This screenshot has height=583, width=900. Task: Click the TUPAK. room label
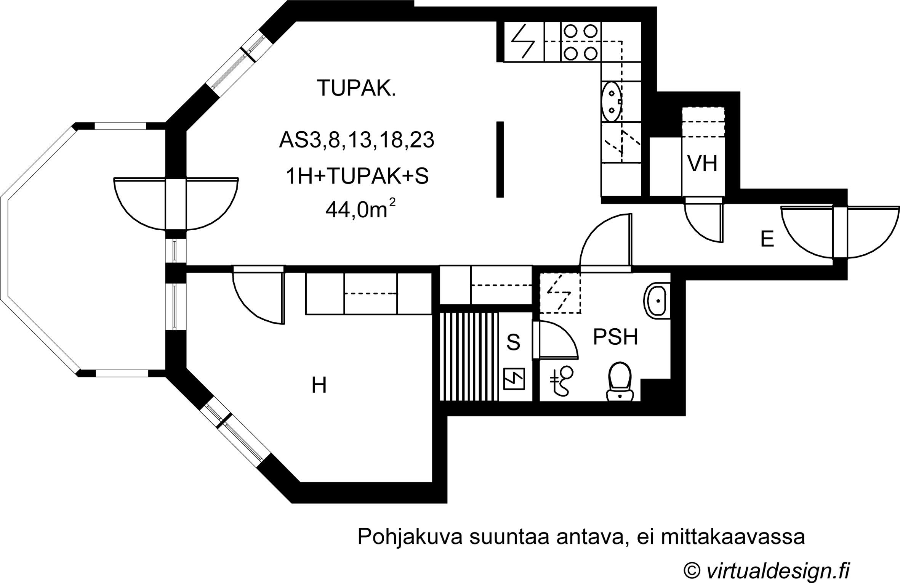click(x=356, y=88)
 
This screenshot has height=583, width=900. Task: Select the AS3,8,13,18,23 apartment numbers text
click(x=357, y=140)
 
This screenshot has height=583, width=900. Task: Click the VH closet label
click(x=702, y=164)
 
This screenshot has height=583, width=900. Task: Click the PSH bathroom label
click(x=615, y=337)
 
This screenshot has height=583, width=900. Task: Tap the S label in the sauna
click(x=513, y=342)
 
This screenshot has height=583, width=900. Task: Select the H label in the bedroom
click(x=319, y=385)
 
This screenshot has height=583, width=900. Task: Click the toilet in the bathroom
click(x=620, y=381)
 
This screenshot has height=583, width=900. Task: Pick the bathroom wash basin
click(x=656, y=301)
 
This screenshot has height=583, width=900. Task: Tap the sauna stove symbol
click(x=514, y=379)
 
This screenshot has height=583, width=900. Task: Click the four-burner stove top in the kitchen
click(x=580, y=42)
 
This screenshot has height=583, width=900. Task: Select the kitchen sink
click(x=612, y=101)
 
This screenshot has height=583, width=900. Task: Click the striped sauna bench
click(x=469, y=357)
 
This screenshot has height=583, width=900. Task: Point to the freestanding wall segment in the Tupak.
click(x=500, y=159)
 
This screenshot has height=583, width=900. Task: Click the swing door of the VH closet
click(x=703, y=221)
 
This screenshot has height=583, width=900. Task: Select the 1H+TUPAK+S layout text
click(x=357, y=177)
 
